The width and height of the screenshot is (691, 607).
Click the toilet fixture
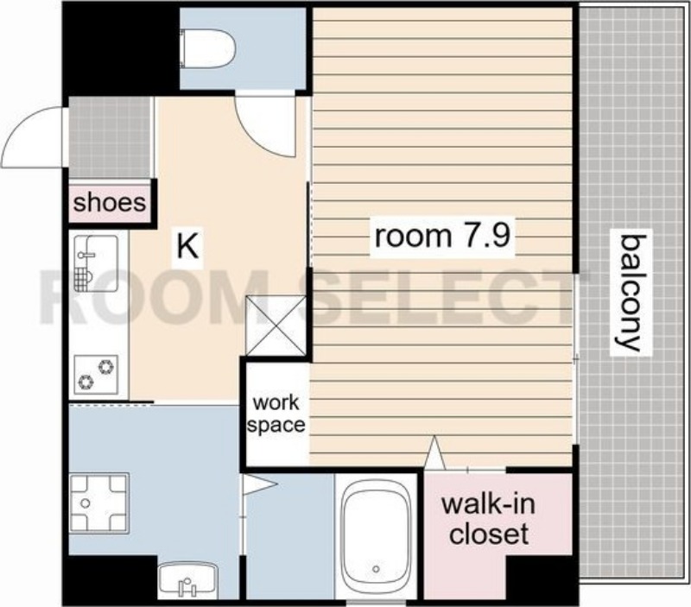207,49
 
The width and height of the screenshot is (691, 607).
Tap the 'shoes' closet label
110,203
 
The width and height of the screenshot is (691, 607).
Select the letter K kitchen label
188,247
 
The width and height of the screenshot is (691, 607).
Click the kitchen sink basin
96,263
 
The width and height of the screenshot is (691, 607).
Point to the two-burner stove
96,375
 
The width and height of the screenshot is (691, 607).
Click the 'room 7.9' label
442,236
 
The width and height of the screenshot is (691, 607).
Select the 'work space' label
276,414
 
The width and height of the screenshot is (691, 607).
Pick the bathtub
376,536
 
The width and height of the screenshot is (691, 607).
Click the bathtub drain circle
376,569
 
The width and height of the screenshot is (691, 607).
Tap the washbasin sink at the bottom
187,579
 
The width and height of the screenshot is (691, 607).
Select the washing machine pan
98,503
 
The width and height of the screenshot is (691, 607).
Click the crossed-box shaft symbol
276,326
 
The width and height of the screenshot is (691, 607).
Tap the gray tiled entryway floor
110,137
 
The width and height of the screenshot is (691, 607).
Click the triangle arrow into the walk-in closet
434,452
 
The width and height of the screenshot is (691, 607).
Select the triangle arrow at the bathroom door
260,485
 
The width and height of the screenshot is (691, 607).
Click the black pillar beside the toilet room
121,49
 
